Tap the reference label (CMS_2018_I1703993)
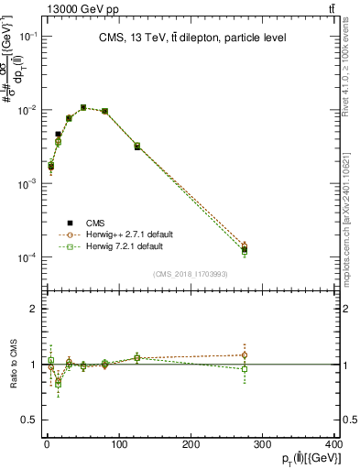tap(191, 273)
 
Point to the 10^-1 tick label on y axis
tap(28, 36)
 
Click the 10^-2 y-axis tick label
tap(28, 110)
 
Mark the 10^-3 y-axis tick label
tap(28, 183)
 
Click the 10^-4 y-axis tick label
tap(28, 257)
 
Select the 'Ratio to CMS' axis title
tap(12, 365)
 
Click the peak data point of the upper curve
tap(83, 107)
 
